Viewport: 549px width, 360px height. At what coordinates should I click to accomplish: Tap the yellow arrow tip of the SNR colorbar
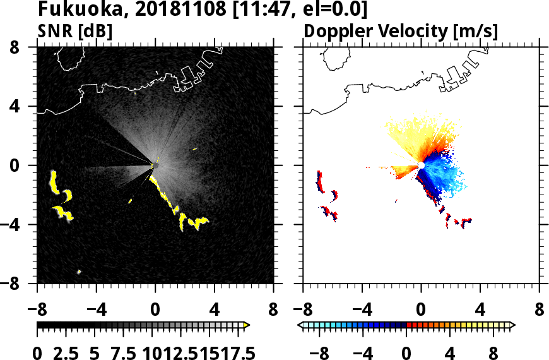coord(247,325)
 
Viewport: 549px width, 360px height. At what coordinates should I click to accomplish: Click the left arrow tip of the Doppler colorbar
coord(301,325)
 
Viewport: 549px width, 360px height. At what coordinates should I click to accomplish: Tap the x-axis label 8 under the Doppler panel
coord(540,311)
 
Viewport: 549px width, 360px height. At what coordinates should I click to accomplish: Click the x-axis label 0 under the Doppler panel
coord(421,311)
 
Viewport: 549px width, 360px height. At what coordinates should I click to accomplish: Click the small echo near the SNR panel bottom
coord(79,272)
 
